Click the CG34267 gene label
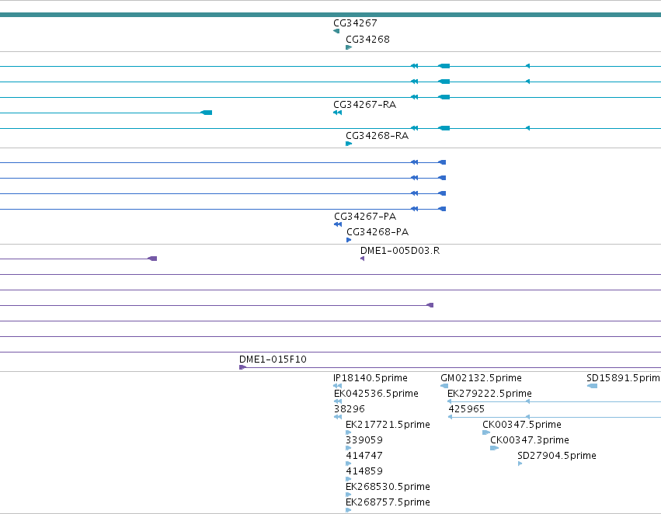coord(355,23)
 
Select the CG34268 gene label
coord(367,39)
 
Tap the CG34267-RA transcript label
coord(364,105)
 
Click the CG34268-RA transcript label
coord(377,136)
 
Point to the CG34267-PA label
coord(365,217)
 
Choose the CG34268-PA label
coord(377,232)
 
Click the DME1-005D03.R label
coord(400,251)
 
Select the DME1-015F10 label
coord(273,359)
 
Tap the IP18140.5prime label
coord(371,378)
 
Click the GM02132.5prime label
coord(481,378)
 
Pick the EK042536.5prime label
coord(376,394)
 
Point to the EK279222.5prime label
coord(489,394)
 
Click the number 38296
coord(349,409)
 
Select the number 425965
coord(466,409)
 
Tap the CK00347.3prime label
coord(530,440)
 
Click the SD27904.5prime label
coord(556,456)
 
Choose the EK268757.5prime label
coord(388,502)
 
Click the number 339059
coord(364,440)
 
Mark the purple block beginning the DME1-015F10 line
coord(242,367)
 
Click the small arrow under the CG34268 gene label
coord(349,47)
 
